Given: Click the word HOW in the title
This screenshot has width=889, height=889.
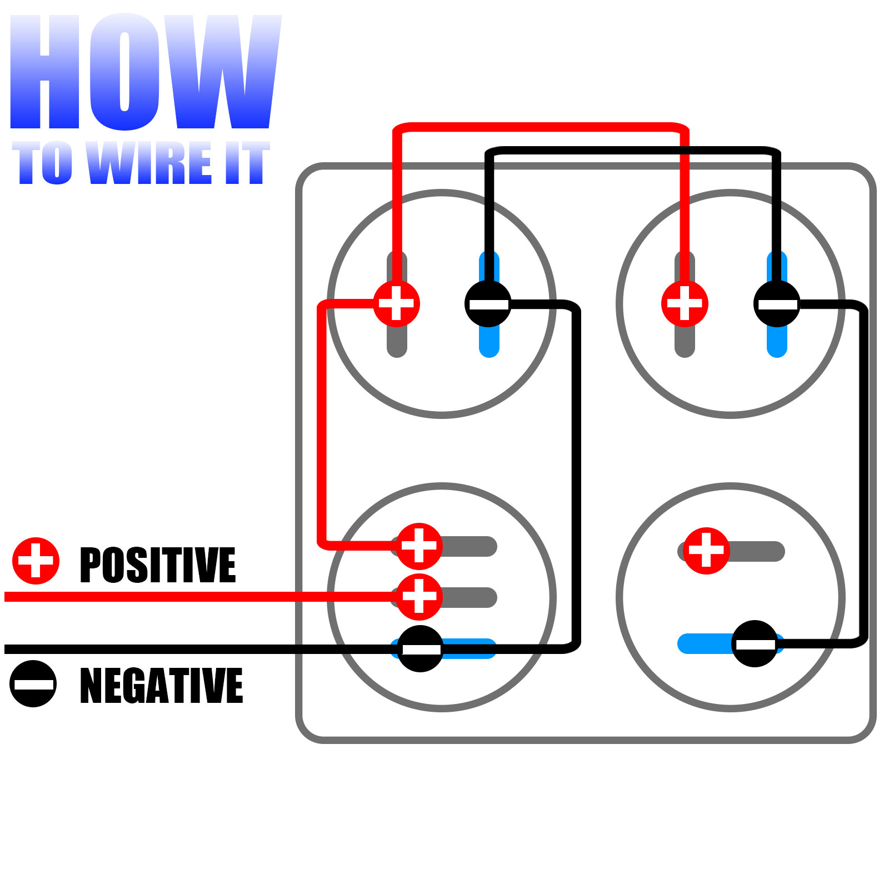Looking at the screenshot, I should [146, 72].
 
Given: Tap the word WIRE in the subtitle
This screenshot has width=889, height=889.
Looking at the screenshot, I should [150, 162].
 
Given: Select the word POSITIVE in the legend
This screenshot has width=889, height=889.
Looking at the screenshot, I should [158, 565].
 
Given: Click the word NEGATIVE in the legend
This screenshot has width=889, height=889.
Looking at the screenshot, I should [161, 686].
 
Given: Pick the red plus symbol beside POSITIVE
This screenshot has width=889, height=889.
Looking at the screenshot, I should [36, 561].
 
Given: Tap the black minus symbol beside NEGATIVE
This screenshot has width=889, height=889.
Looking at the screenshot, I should [33, 683].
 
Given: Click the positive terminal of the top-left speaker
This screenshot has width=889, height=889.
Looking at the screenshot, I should [396, 303].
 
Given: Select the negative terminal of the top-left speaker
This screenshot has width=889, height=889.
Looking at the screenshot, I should [488, 304].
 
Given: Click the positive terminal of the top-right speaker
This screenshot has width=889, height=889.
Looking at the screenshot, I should [685, 303].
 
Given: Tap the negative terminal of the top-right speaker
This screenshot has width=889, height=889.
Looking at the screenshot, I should [777, 304].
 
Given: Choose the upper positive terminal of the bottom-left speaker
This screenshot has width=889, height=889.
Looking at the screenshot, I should [419, 546].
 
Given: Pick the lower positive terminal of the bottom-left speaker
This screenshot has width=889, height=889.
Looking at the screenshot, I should [419, 597].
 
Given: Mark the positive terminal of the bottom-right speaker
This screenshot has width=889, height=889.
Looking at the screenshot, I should [706, 551].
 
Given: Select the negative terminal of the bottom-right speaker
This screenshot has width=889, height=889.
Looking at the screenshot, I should [755, 643].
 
